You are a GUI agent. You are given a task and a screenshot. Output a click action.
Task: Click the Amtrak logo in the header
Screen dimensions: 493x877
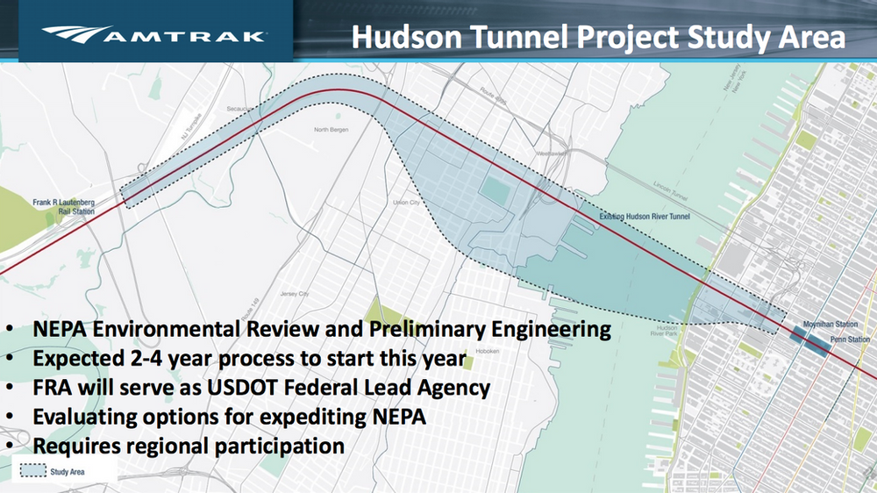(x=154, y=36)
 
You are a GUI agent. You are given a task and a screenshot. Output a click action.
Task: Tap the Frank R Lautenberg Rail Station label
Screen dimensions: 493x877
(x=64, y=206)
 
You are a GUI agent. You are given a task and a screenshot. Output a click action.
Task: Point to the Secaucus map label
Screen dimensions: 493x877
(x=239, y=109)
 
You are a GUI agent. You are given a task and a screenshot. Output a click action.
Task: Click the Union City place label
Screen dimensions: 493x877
(x=406, y=203)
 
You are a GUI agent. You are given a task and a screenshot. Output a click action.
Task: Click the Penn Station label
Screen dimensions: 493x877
(x=850, y=339)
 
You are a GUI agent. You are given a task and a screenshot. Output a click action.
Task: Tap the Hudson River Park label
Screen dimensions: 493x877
(x=664, y=330)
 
